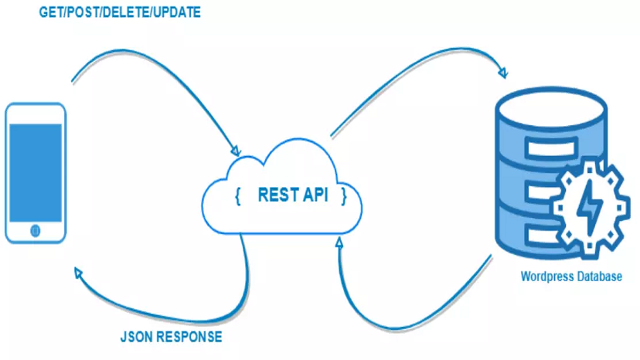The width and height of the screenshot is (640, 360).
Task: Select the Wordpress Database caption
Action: point(570,277)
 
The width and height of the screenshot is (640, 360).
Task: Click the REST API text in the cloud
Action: point(292,196)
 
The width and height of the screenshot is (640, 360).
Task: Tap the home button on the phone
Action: point(35,230)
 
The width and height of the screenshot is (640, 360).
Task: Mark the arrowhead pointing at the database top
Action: point(503,74)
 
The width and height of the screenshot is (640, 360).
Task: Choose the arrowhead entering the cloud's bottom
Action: point(339,243)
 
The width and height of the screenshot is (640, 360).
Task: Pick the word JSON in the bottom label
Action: point(135,337)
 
